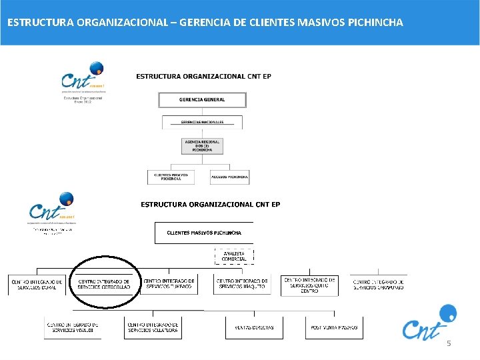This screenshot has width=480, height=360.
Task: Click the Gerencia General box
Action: pyautogui.click(x=202, y=100)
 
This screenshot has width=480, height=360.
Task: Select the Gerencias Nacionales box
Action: pyautogui.click(x=202, y=123)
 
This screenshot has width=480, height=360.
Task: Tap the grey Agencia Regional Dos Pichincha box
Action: pyautogui.click(x=202, y=146)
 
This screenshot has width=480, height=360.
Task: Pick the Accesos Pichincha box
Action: pyautogui.click(x=230, y=177)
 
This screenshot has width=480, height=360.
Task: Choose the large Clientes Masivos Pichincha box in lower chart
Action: pyautogui.click(x=204, y=233)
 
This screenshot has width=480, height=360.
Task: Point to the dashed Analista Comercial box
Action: pyautogui.click(x=234, y=257)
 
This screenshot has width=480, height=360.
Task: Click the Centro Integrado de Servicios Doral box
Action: pyautogui.click(x=37, y=285)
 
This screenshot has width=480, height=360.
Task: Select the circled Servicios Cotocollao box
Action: pyautogui.click(x=105, y=285)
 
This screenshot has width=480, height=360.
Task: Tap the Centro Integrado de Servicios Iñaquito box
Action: pyautogui.click(x=242, y=285)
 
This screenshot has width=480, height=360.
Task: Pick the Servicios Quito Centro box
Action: pyautogui.click(x=309, y=285)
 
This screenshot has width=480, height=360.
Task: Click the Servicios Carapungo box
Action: pyautogui.click(x=378, y=285)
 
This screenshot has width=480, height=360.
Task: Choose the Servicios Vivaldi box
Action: pyautogui.click(x=73, y=327)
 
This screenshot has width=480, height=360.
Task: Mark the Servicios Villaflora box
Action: pyautogui.click(x=153, y=327)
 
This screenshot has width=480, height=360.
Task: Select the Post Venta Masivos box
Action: pyautogui.click(x=334, y=327)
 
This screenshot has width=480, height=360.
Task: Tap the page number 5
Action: pyautogui.click(x=449, y=343)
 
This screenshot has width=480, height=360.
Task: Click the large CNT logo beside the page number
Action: pyautogui.click(x=429, y=323)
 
